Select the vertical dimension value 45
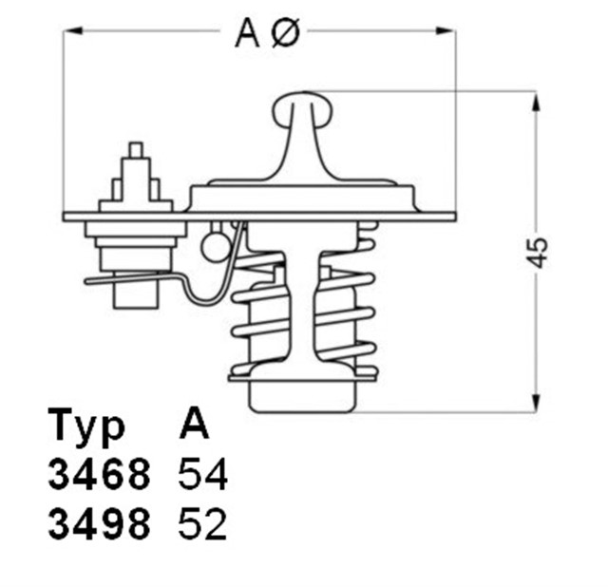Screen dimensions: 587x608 click(x=539, y=251)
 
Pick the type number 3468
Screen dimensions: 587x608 click(x=99, y=476)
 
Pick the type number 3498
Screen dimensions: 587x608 click(x=99, y=524)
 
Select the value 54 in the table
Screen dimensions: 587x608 click(x=203, y=476)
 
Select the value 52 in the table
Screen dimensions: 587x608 click(x=203, y=524)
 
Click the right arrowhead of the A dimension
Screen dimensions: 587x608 click(x=447, y=31)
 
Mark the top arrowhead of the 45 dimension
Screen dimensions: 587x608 click(x=538, y=99)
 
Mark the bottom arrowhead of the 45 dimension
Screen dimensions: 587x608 click(x=538, y=405)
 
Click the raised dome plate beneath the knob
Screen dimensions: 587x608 click(x=303, y=196)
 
